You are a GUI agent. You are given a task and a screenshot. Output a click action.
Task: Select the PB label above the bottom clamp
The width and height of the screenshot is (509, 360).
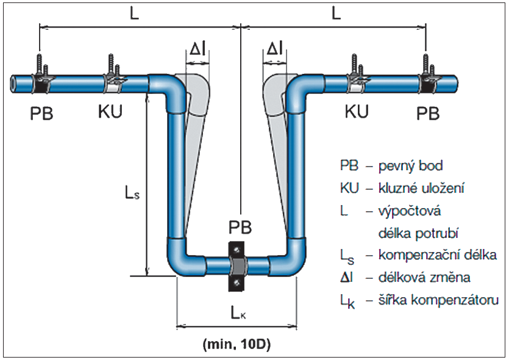[238, 228]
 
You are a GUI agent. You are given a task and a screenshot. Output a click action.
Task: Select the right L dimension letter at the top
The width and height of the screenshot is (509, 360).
[336, 15]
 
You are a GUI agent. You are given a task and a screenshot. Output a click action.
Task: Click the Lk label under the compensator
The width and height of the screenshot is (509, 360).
[239, 314]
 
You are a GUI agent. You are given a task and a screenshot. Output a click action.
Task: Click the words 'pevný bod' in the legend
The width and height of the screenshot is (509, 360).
[411, 166]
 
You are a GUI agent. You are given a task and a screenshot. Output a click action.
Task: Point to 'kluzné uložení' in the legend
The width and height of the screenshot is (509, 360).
[421, 189]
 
